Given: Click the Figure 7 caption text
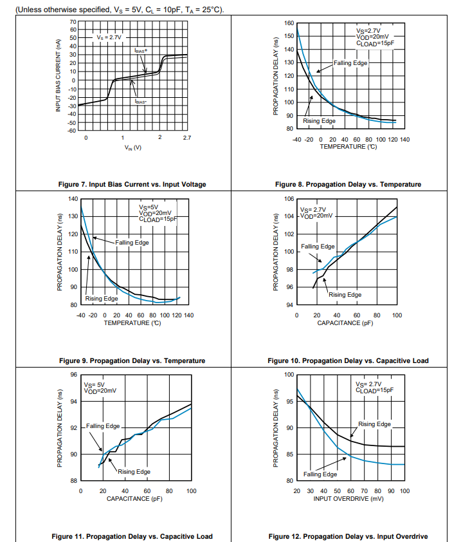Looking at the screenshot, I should [132, 184].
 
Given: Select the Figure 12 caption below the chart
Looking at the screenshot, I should [348, 536].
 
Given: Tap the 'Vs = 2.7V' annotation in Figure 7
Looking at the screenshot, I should [109, 37].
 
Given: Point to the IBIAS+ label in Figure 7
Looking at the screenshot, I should [141, 50].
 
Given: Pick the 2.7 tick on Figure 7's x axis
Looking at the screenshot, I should [187, 138].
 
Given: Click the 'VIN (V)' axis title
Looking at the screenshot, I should [133, 149].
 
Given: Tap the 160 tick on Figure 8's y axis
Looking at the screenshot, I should [289, 23].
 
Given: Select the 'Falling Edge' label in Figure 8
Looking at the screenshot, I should [350, 62].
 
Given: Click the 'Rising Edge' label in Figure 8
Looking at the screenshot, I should [320, 121].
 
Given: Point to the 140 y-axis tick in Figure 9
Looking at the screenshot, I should [73, 199].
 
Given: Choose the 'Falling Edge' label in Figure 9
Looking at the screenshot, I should [132, 242].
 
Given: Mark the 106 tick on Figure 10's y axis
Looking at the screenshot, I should [289, 199].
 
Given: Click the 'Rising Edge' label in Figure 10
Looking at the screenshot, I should [345, 294].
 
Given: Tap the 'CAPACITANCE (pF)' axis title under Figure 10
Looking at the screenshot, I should [345, 322].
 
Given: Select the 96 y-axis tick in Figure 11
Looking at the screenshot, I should [73, 375].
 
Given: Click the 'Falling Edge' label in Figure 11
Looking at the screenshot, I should [104, 426].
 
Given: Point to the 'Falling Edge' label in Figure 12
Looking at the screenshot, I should [320, 474].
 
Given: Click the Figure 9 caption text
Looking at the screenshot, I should [132, 360].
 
